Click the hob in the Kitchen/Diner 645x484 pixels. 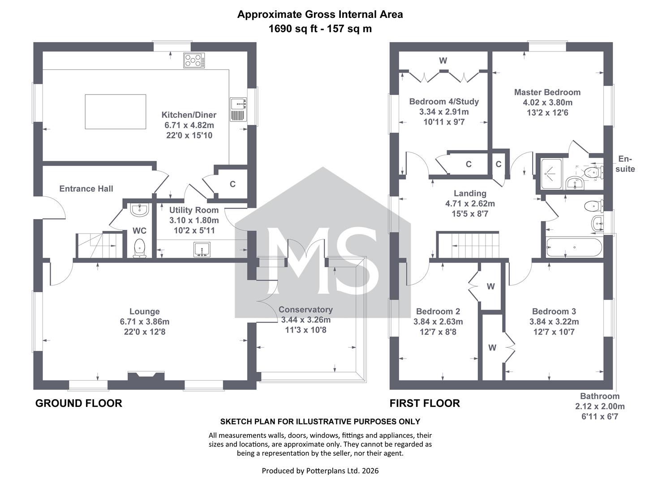194,60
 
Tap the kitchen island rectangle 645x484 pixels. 116,112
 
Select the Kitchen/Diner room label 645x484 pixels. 189,115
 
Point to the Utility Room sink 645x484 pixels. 202,250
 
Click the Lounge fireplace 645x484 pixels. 146,376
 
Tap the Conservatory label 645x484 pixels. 305,309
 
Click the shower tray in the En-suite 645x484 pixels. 551,174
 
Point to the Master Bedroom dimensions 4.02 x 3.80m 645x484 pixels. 547,103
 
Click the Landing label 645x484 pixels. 470,193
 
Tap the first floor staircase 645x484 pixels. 468,245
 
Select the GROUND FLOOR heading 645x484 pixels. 78,403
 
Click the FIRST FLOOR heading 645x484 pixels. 425,403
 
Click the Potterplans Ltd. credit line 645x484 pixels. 320,471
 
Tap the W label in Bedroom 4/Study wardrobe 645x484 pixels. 443,60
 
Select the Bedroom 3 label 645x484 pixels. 554,311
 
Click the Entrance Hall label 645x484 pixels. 86,189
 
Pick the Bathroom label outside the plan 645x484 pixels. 600,396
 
